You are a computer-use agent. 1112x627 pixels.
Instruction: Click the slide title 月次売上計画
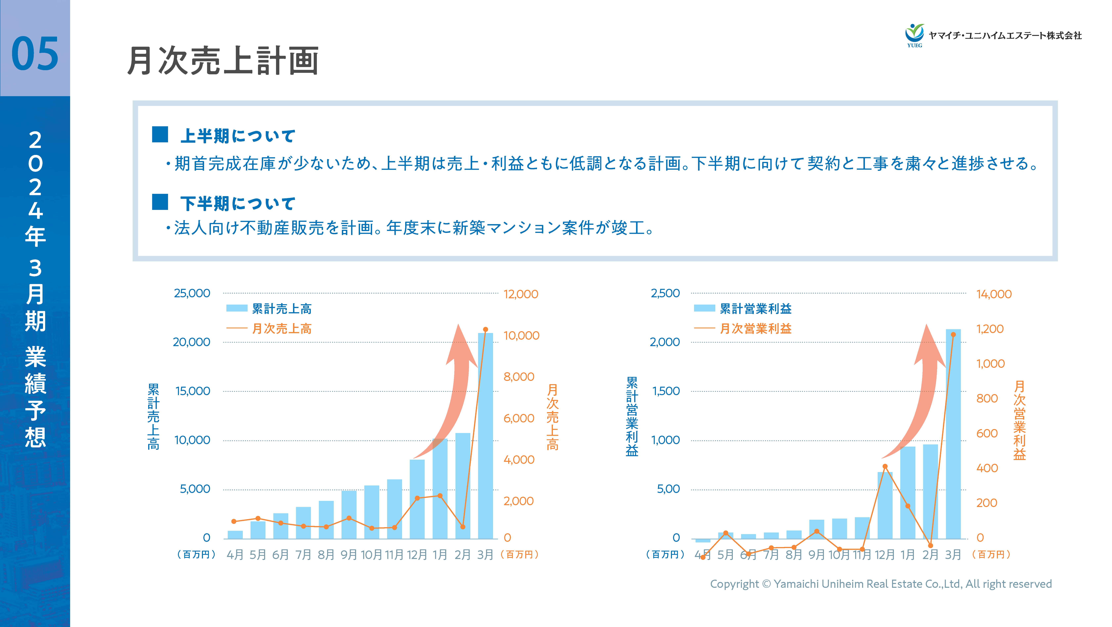223,61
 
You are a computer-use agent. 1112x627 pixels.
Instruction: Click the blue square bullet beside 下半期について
160,202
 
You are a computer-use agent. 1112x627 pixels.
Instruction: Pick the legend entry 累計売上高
281,309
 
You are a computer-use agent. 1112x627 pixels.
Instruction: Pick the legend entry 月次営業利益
755,328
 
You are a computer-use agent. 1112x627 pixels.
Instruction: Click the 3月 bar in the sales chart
485,436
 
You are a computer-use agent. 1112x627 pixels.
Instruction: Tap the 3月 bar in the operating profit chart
953,434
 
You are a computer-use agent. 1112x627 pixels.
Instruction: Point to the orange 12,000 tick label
521,294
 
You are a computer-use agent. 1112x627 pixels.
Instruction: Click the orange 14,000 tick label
994,294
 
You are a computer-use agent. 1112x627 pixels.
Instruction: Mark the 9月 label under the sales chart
349,554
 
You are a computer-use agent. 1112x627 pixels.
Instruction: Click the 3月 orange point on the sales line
485,329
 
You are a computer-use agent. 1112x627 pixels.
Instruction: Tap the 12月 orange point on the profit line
885,466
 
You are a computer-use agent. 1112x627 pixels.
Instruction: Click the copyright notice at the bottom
881,584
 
